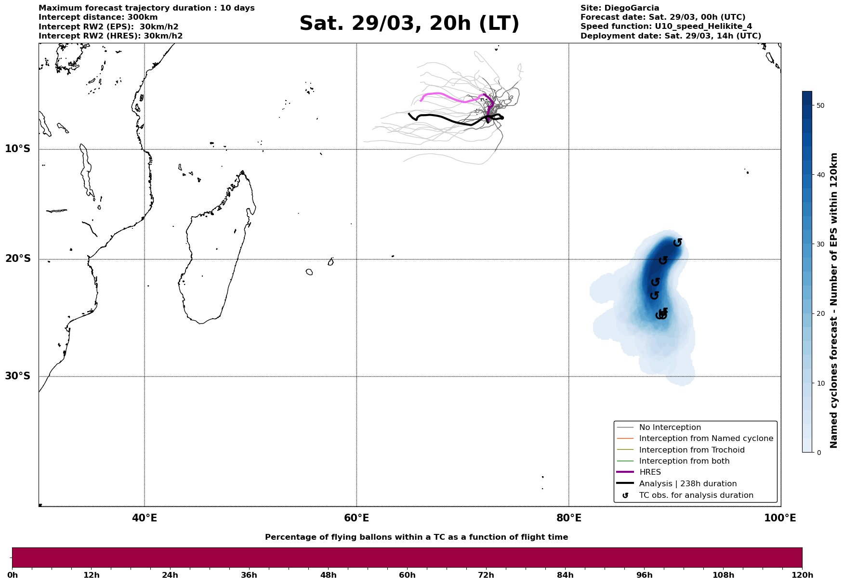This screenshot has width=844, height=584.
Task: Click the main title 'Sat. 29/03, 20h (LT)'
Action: pos(409,24)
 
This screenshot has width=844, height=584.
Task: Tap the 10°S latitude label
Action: pos(18,149)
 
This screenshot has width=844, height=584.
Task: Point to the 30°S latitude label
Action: pos(18,376)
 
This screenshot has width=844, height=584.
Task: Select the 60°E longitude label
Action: pos(356,518)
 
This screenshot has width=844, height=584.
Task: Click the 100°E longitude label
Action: pos(780,518)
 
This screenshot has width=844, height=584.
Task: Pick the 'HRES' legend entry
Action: pos(650,472)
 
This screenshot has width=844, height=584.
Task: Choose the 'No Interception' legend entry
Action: pos(670,428)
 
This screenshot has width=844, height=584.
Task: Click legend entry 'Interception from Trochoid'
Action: pos(691,450)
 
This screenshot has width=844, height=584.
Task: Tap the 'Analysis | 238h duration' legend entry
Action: pos(687,484)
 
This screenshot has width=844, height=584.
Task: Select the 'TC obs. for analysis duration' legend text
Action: pos(696,495)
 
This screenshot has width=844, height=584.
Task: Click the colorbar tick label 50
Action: pos(821,105)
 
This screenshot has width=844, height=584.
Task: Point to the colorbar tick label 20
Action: pos(821,314)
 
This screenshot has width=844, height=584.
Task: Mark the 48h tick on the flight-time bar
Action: pos(329,575)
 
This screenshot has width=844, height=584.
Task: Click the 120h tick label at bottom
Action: pos(802,575)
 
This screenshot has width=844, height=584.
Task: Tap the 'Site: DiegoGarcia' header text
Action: pos(620,8)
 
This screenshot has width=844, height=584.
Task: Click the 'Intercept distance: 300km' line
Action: pos(98,17)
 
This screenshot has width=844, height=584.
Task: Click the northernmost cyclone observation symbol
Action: pos(677,242)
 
